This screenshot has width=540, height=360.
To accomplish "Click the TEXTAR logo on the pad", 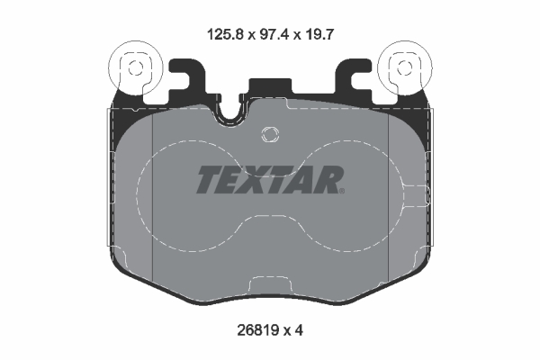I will pyautogui.click(x=269, y=180).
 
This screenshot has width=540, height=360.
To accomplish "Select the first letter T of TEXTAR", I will pyautogui.click(x=208, y=180).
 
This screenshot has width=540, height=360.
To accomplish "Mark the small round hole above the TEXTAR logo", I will pyautogui.click(x=267, y=136).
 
